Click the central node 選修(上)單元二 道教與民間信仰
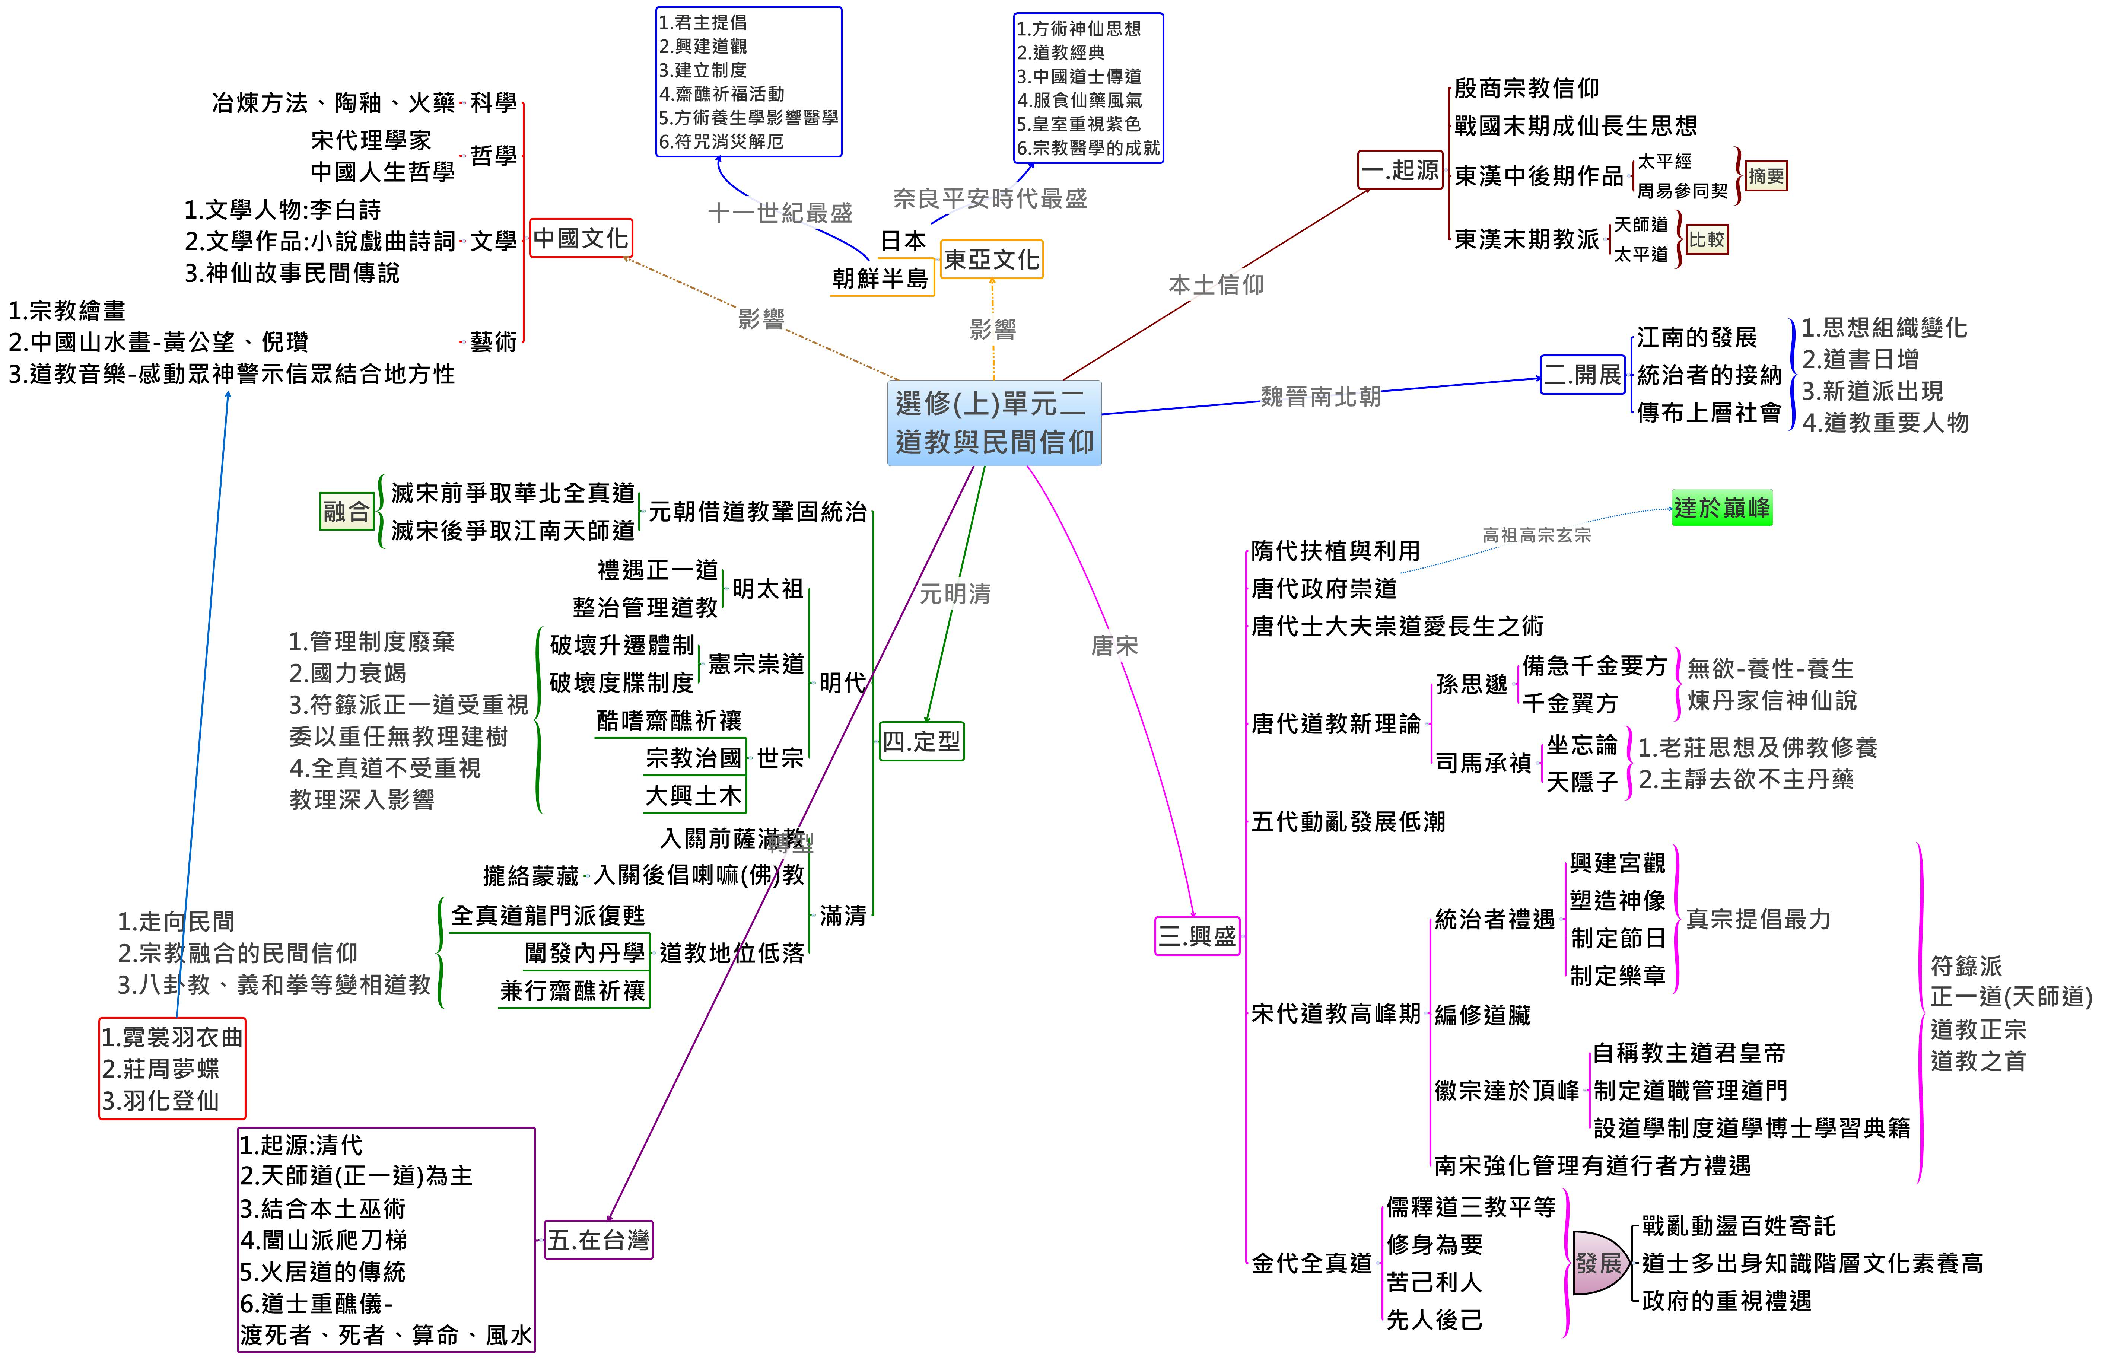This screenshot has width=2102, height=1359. click(x=993, y=423)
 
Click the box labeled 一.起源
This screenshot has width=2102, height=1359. click(x=1400, y=170)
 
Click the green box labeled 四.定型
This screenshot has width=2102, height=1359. click(x=921, y=741)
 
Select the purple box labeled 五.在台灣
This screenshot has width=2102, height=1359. click(x=598, y=1240)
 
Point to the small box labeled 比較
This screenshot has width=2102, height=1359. click(x=1707, y=239)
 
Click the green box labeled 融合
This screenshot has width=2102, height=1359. click(x=346, y=511)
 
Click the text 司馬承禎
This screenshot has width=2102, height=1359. click(x=1482, y=763)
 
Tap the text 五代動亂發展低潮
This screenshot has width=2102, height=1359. click(x=1348, y=822)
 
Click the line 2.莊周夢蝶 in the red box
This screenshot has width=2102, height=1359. click(x=160, y=1069)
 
